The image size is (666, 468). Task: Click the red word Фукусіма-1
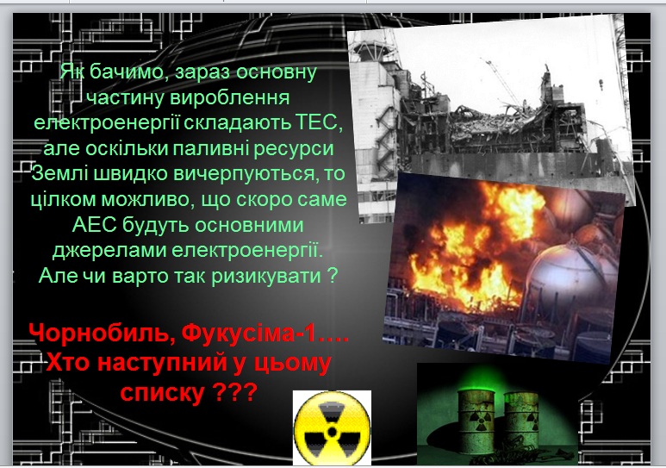click(x=249, y=333)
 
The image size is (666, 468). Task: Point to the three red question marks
click(x=235, y=392)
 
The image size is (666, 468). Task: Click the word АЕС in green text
click(x=94, y=224)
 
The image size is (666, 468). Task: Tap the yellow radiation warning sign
click(x=333, y=428)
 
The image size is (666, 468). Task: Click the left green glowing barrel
click(x=476, y=421)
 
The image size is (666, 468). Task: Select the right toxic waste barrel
click(x=521, y=421)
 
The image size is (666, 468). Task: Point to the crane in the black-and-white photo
click(x=502, y=83)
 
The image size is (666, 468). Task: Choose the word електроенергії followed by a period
click(x=247, y=250)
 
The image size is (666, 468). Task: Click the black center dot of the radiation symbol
click(x=333, y=433)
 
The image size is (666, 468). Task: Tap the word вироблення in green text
click(x=230, y=97)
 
